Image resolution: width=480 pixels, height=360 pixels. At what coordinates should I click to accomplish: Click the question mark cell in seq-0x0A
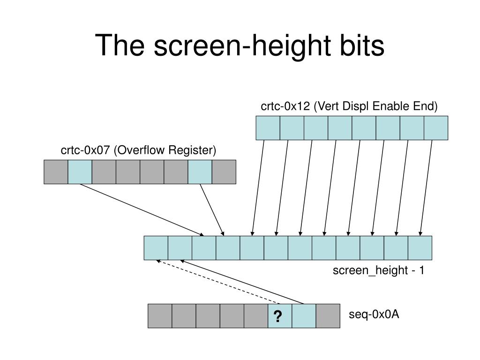(280, 316)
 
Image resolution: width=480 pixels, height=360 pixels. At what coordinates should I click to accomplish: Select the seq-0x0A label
(374, 315)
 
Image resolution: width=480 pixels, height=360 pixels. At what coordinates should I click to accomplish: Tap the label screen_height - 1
(378, 270)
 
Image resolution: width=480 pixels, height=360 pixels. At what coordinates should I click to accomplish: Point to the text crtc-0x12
(285, 106)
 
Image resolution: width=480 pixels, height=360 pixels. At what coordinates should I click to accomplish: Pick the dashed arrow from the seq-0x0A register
(218, 282)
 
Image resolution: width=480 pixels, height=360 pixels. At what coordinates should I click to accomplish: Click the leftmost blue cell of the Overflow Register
(80, 172)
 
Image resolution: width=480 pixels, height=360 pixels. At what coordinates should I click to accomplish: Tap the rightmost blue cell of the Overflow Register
(200, 172)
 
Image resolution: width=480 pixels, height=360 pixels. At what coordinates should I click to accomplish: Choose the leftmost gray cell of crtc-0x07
(56, 172)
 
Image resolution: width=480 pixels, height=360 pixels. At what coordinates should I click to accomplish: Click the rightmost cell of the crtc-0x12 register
(436, 128)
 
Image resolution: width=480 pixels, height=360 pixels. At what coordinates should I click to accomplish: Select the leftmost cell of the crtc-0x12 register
(268, 128)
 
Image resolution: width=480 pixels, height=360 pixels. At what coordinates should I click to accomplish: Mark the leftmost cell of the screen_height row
(156, 248)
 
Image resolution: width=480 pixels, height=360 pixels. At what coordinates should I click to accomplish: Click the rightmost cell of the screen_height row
(420, 248)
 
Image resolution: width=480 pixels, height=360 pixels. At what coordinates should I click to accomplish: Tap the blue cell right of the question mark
(304, 316)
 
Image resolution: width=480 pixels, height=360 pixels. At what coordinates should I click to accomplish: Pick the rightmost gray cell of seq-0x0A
(328, 316)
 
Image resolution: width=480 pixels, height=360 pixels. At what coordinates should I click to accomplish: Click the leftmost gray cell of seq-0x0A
(160, 316)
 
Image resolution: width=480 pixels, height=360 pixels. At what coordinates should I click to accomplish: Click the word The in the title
(120, 45)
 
